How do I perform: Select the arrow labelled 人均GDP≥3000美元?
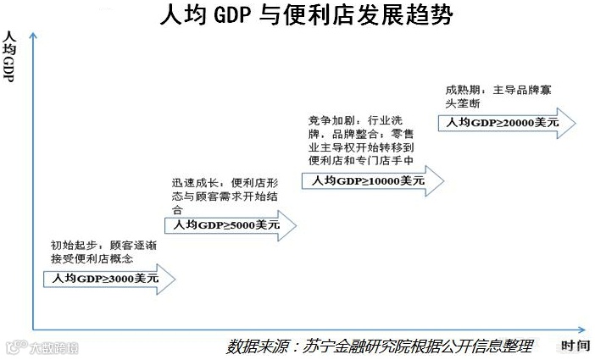111,278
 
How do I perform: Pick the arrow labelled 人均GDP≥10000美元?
373,180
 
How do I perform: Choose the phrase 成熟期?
461,89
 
